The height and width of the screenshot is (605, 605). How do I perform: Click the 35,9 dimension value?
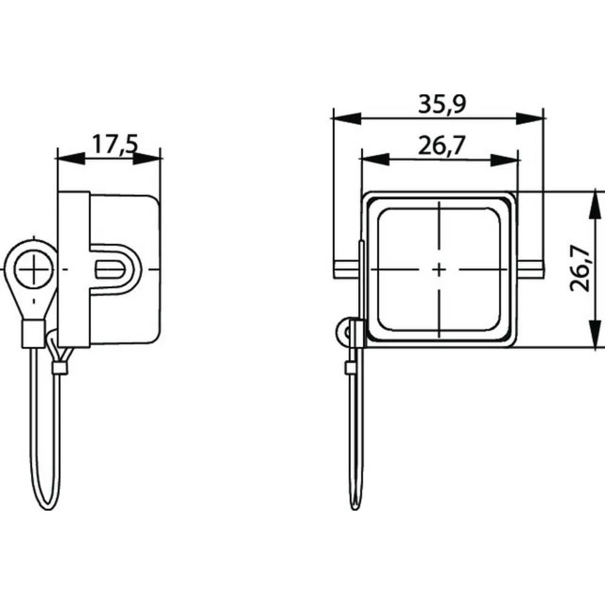point(442,104)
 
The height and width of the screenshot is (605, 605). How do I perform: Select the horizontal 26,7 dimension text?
point(440,145)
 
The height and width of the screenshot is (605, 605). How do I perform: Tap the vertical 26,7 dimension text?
point(580,269)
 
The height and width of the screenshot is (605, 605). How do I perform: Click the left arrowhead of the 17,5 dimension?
point(71,158)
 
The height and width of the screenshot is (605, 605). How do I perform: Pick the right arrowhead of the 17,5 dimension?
point(146,158)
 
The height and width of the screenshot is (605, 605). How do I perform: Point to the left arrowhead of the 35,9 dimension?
point(347,119)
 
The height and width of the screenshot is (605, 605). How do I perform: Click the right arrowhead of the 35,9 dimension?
point(530,119)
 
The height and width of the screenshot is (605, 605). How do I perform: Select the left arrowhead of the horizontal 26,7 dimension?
point(374,160)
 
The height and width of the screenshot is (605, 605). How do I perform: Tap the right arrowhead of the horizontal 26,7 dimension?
point(505,160)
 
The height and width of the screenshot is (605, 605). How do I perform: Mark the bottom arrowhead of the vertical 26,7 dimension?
point(596,333)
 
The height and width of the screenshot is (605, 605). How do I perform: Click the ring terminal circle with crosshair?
point(34,269)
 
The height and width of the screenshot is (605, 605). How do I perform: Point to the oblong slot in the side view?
point(110,269)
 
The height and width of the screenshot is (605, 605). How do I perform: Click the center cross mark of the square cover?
point(439,269)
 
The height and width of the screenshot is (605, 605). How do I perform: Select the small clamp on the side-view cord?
point(59,368)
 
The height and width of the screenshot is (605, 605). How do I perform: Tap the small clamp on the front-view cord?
point(351,368)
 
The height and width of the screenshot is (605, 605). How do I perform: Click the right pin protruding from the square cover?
point(530,269)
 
